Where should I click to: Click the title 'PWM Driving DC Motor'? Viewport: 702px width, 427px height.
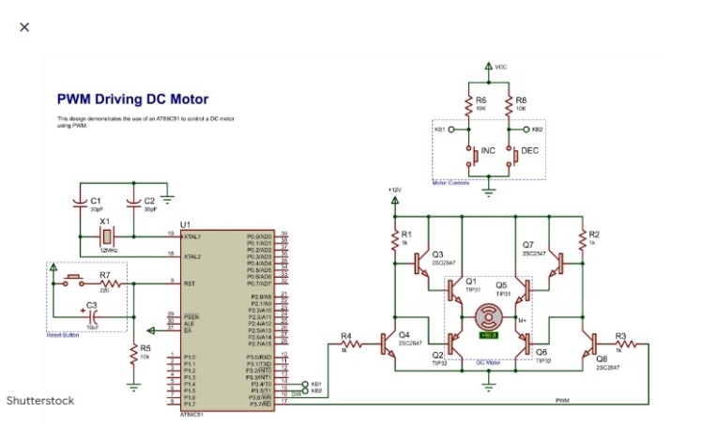pos(132,99)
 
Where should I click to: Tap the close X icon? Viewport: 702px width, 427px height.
pos(24,26)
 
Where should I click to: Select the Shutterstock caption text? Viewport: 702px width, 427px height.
pos(40,401)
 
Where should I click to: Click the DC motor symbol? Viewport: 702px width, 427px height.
pos(488,316)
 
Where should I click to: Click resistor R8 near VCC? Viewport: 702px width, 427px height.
pos(509,102)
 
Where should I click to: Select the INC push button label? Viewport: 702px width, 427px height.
pos(488,150)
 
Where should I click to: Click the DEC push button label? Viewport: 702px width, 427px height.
pos(529,150)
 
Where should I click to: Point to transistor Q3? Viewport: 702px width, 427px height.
pos(424,262)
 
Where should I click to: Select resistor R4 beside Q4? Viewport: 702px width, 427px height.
pos(347,343)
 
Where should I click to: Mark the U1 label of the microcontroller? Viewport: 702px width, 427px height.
pos(184,224)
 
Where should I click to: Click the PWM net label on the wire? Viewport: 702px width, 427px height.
pos(562,401)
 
